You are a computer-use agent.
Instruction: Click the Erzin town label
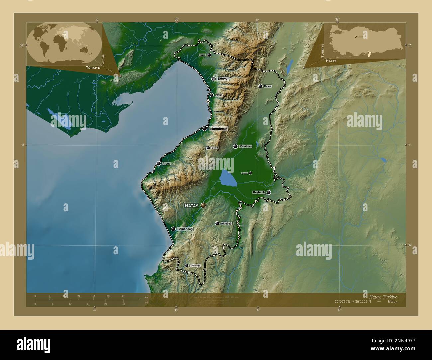pyautogui.click(x=202, y=55)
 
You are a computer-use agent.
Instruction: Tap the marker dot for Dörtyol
pyautogui.click(x=214, y=79)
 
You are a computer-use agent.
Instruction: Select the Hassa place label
pyautogui.click(x=268, y=86)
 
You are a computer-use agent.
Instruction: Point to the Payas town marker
pyautogui.click(x=212, y=95)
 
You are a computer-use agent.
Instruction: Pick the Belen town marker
pyautogui.click(x=208, y=148)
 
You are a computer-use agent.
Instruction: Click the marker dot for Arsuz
pyautogui.click(x=159, y=163)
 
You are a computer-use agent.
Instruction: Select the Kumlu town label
pyautogui.click(x=245, y=173)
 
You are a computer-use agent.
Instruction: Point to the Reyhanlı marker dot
pyautogui.click(x=269, y=192)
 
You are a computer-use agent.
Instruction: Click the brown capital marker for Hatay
pyautogui.click(x=203, y=206)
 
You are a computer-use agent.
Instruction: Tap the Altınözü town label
pyautogui.click(x=226, y=224)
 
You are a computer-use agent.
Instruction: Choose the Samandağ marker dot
pyautogui.click(x=173, y=229)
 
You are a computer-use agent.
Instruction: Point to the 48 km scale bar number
pyautogui.click(x=123, y=296)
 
